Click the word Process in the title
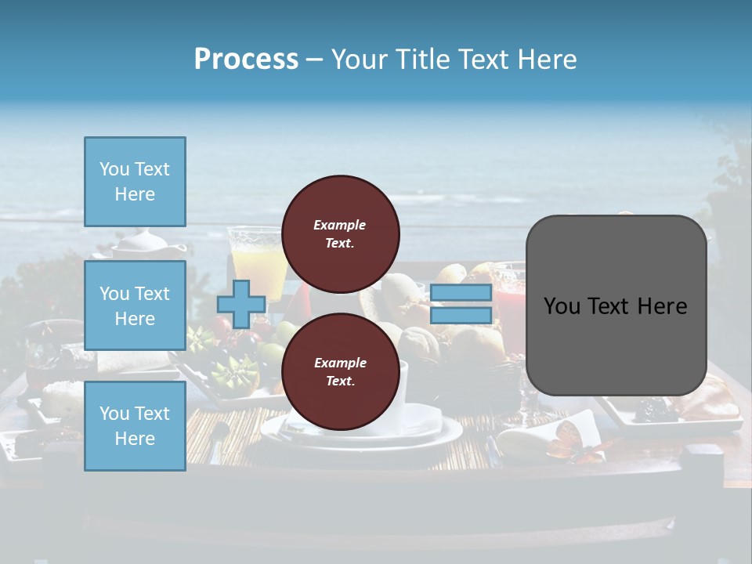click(246, 60)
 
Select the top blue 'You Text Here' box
click(135, 182)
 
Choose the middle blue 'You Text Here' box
click(135, 305)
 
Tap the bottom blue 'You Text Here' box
click(135, 426)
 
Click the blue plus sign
click(241, 304)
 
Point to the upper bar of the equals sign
click(461, 293)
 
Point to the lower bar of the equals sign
click(461, 315)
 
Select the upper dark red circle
click(341, 233)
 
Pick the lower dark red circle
click(341, 371)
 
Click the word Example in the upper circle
click(339, 225)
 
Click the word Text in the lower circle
click(339, 381)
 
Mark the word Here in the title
click(548, 60)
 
